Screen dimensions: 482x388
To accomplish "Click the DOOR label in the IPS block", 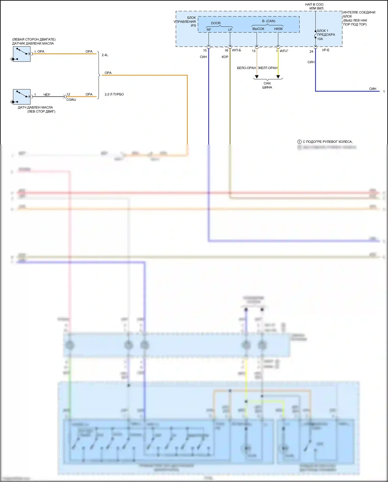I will pos(216,23).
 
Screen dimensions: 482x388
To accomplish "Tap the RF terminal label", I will pos(209,30).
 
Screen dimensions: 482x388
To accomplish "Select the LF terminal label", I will pos(230,30).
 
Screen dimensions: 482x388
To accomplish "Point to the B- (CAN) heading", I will pos(268,21).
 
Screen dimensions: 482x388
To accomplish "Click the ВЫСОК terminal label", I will pos(258,29).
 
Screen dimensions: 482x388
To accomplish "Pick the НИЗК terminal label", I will pos(278,29).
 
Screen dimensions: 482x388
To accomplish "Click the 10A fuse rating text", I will pos(320,39).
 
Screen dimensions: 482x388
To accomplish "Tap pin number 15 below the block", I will pos(205,51).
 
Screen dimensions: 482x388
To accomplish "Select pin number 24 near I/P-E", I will pos(311,51).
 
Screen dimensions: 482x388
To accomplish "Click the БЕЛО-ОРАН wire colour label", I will pos(246,68).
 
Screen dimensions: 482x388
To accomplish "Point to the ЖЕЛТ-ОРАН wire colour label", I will pos(268,68).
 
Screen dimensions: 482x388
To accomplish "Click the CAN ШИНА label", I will pos(267,85).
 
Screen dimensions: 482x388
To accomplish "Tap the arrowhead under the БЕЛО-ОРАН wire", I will pos(257,77).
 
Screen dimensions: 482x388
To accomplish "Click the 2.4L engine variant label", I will pos(105,55).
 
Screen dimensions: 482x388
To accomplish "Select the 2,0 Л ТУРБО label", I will pos(114,94).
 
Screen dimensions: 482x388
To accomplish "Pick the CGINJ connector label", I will pos(71,99).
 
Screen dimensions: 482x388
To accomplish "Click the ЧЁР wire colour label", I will pos(47,95).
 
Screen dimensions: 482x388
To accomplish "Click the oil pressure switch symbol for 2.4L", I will pos(22,54).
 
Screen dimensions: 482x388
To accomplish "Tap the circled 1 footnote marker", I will pos(299,142).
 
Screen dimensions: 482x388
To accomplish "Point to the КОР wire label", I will pos(225,57).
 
